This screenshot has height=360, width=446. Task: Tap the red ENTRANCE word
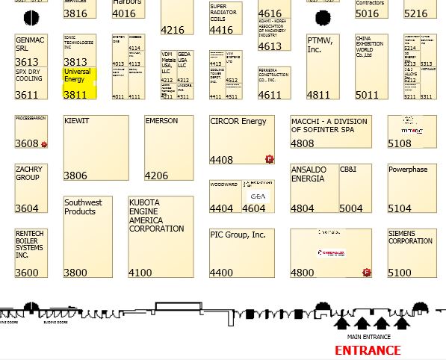[x=367, y=350]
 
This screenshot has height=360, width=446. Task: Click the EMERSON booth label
[x=161, y=121]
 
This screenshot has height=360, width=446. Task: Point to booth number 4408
[x=222, y=160]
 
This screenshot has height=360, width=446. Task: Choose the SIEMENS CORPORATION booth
[x=410, y=238]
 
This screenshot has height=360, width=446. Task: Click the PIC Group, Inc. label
[x=238, y=235]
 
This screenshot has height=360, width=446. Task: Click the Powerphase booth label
[x=408, y=170]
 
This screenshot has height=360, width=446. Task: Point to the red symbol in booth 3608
[x=44, y=143]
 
